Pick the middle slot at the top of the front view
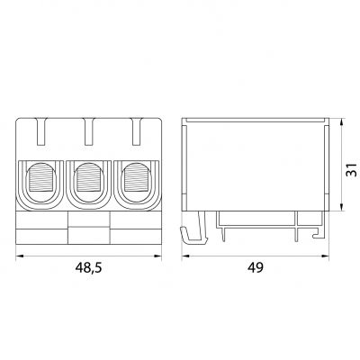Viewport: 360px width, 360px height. click(88, 133)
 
